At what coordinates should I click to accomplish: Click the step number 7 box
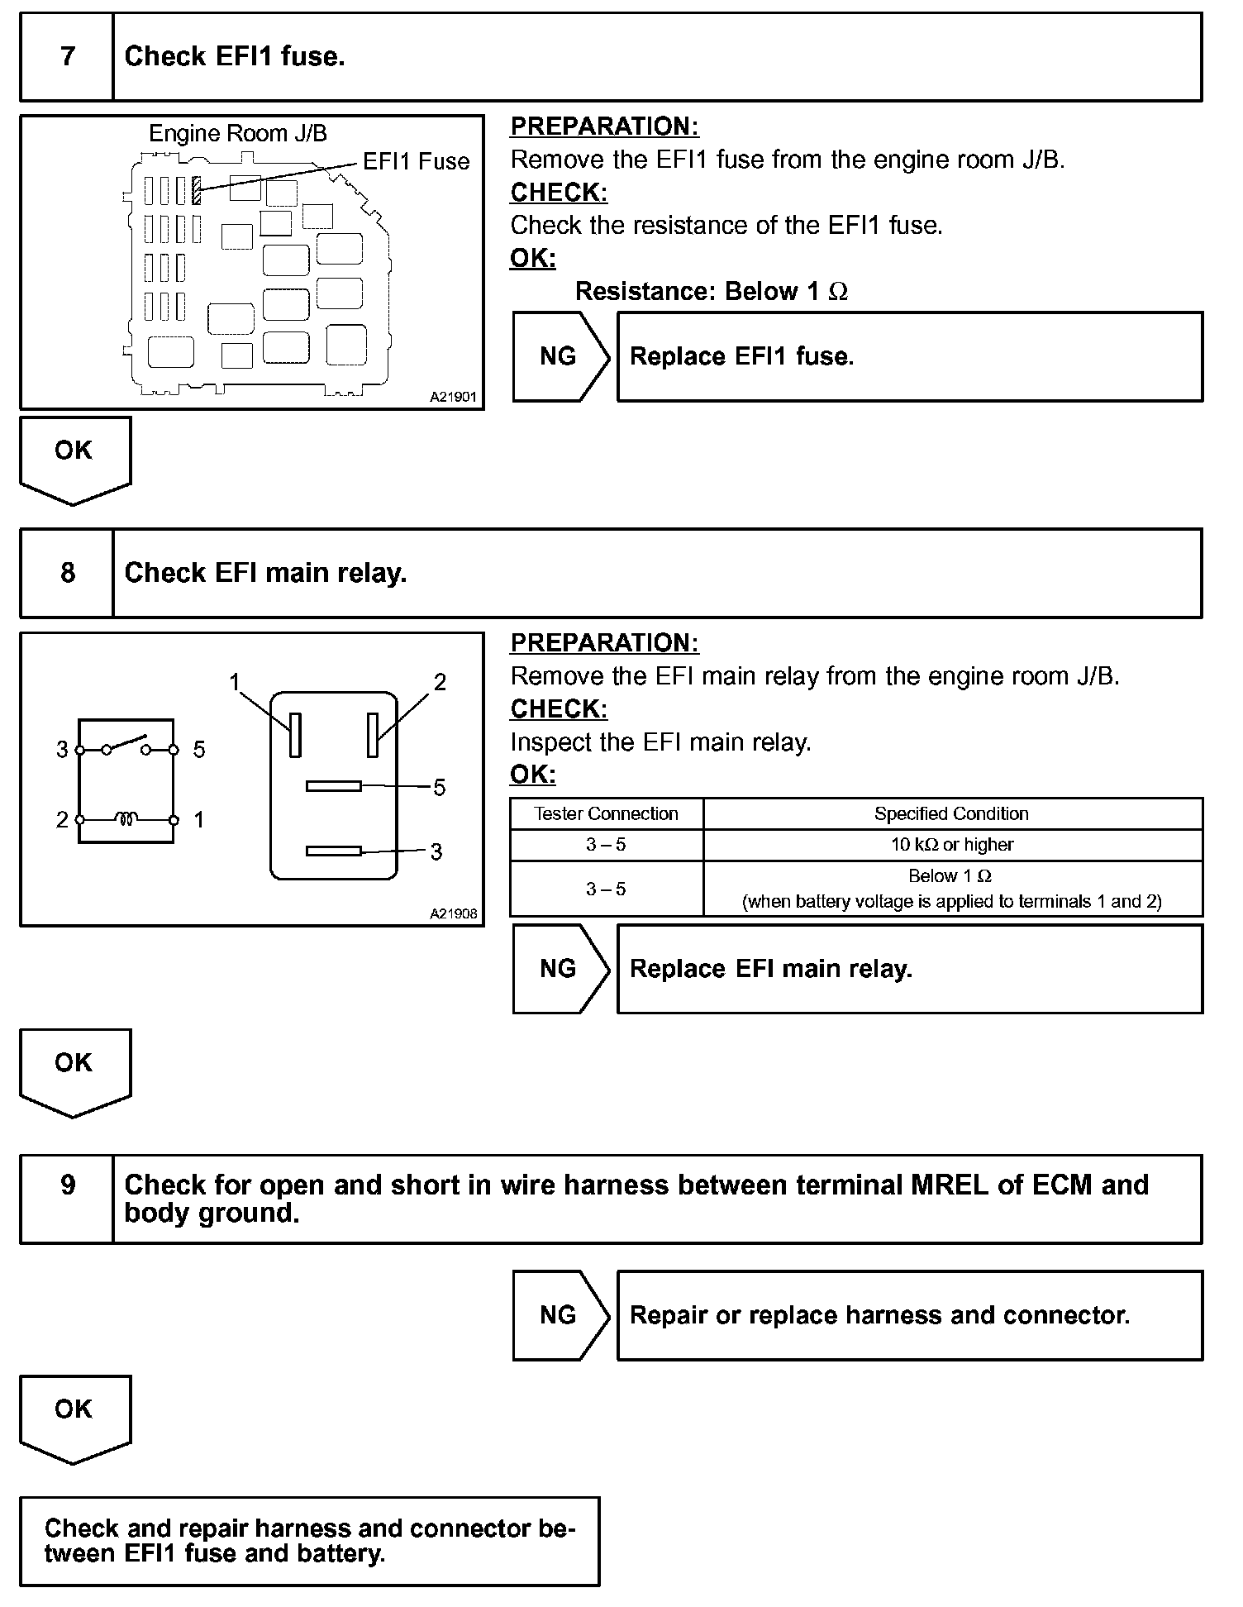[x=67, y=57]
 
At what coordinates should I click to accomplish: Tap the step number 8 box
[x=67, y=574]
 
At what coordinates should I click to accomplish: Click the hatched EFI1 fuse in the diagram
[x=197, y=190]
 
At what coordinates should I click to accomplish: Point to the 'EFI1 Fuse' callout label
[x=416, y=161]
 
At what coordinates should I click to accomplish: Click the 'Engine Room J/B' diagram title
[x=237, y=133]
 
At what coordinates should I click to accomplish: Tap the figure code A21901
[x=453, y=397]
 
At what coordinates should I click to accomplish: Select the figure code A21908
[x=453, y=913]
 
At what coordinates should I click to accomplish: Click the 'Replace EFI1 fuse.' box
[x=909, y=357]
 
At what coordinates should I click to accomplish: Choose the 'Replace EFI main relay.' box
[x=909, y=969]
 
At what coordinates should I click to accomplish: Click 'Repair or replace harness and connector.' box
[x=909, y=1315]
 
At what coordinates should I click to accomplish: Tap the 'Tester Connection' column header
[x=606, y=813]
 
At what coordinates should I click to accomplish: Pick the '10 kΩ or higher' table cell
[x=952, y=845]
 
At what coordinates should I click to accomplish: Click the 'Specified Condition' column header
[x=952, y=813]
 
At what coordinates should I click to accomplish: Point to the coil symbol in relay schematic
[x=126, y=819]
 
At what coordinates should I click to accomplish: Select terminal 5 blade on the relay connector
[x=334, y=786]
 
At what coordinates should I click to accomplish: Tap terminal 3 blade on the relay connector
[x=334, y=851]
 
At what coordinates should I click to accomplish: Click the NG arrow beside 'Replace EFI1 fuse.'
[x=560, y=357]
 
